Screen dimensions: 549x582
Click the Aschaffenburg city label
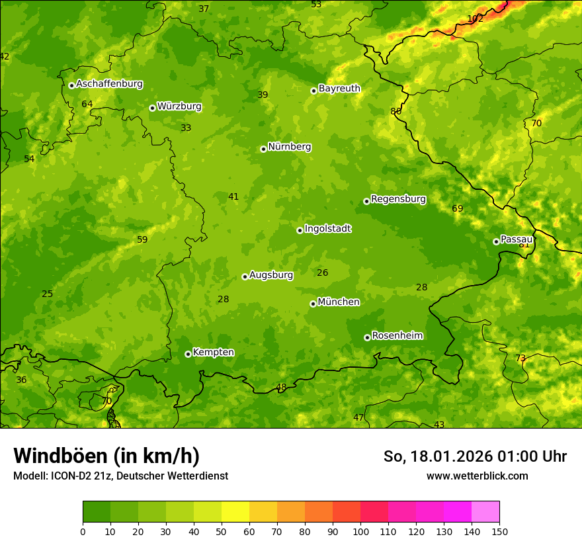click(109, 84)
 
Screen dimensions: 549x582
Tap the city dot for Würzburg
click(152, 108)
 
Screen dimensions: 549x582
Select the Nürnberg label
click(289, 147)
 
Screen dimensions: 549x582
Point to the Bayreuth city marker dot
click(314, 91)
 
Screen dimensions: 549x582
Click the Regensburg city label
click(398, 199)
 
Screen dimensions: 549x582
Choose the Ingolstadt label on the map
click(327, 229)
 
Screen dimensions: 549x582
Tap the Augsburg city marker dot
click(245, 276)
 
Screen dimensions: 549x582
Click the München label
click(339, 302)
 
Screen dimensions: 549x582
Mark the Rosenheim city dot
click(367, 337)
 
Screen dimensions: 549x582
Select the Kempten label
click(213, 353)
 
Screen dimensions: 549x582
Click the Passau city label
click(517, 239)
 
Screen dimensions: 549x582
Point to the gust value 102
click(475, 19)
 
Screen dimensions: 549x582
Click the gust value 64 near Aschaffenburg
click(87, 105)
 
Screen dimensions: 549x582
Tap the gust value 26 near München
click(322, 273)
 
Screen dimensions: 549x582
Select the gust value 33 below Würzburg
click(186, 128)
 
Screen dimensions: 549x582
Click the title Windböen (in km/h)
click(106, 456)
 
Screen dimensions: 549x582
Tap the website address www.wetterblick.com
click(477, 476)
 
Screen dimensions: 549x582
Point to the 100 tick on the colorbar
click(360, 532)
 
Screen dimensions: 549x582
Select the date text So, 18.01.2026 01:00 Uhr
click(475, 456)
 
